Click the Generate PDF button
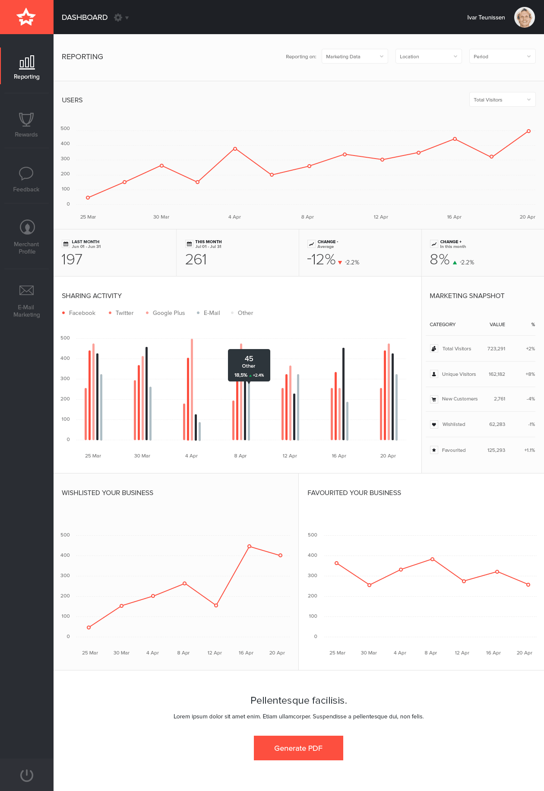click(x=298, y=748)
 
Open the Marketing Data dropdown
click(x=354, y=57)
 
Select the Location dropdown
click(x=428, y=57)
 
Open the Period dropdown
click(x=502, y=57)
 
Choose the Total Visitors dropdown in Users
click(x=502, y=100)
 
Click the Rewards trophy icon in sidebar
click(x=26, y=119)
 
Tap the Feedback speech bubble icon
click(x=26, y=174)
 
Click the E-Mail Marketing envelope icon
click(x=26, y=290)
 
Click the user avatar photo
click(x=524, y=17)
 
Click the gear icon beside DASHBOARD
click(x=118, y=17)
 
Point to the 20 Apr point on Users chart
click(x=528, y=131)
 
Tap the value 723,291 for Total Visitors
click(x=496, y=349)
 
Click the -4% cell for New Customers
click(x=531, y=399)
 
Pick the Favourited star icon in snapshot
click(x=434, y=450)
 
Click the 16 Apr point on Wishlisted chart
click(x=249, y=546)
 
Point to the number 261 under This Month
click(x=196, y=259)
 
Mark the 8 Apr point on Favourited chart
click(x=432, y=559)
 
